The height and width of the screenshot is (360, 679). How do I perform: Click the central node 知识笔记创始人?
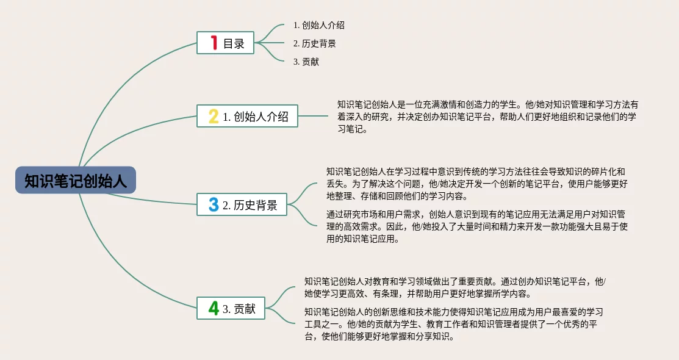[76, 181]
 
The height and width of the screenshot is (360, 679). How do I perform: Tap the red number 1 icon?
[214, 43]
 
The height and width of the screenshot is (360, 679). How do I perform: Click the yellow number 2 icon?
[214, 116]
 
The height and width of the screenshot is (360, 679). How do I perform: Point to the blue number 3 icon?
[214, 204]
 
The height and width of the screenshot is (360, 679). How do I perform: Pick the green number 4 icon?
[214, 308]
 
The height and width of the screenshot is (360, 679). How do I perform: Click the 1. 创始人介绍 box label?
[256, 117]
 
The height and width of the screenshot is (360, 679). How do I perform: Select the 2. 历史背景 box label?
[250, 205]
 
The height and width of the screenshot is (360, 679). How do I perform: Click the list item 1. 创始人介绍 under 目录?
[319, 25]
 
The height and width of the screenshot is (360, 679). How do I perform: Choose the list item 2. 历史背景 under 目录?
[315, 43]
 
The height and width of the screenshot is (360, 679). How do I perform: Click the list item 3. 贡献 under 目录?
[306, 62]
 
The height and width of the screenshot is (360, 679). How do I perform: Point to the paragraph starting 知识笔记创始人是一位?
[487, 117]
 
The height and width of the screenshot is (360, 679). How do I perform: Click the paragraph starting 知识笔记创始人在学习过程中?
[479, 182]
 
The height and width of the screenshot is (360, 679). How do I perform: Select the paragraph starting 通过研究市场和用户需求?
[479, 226]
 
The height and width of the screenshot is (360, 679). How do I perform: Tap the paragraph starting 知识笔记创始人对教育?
[455, 287]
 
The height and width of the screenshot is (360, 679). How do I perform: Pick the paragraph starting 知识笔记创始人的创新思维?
[455, 324]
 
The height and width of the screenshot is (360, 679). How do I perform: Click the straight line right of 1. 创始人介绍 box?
[313, 116]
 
